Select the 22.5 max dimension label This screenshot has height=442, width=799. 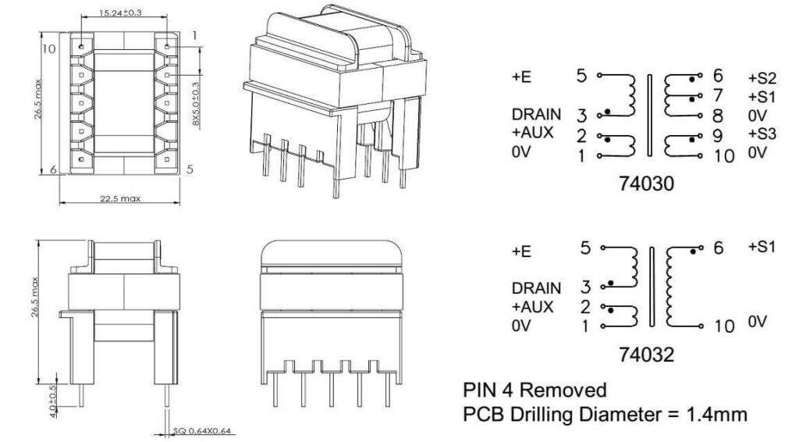[120, 199]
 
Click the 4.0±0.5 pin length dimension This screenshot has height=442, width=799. [52, 397]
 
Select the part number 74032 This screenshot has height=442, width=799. [645, 355]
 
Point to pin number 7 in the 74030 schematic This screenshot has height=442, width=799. [718, 95]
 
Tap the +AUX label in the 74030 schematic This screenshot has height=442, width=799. [533, 133]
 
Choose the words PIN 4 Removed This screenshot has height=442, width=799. [534, 390]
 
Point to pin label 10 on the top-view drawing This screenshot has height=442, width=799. [49, 49]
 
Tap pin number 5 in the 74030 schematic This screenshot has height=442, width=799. [581, 77]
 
